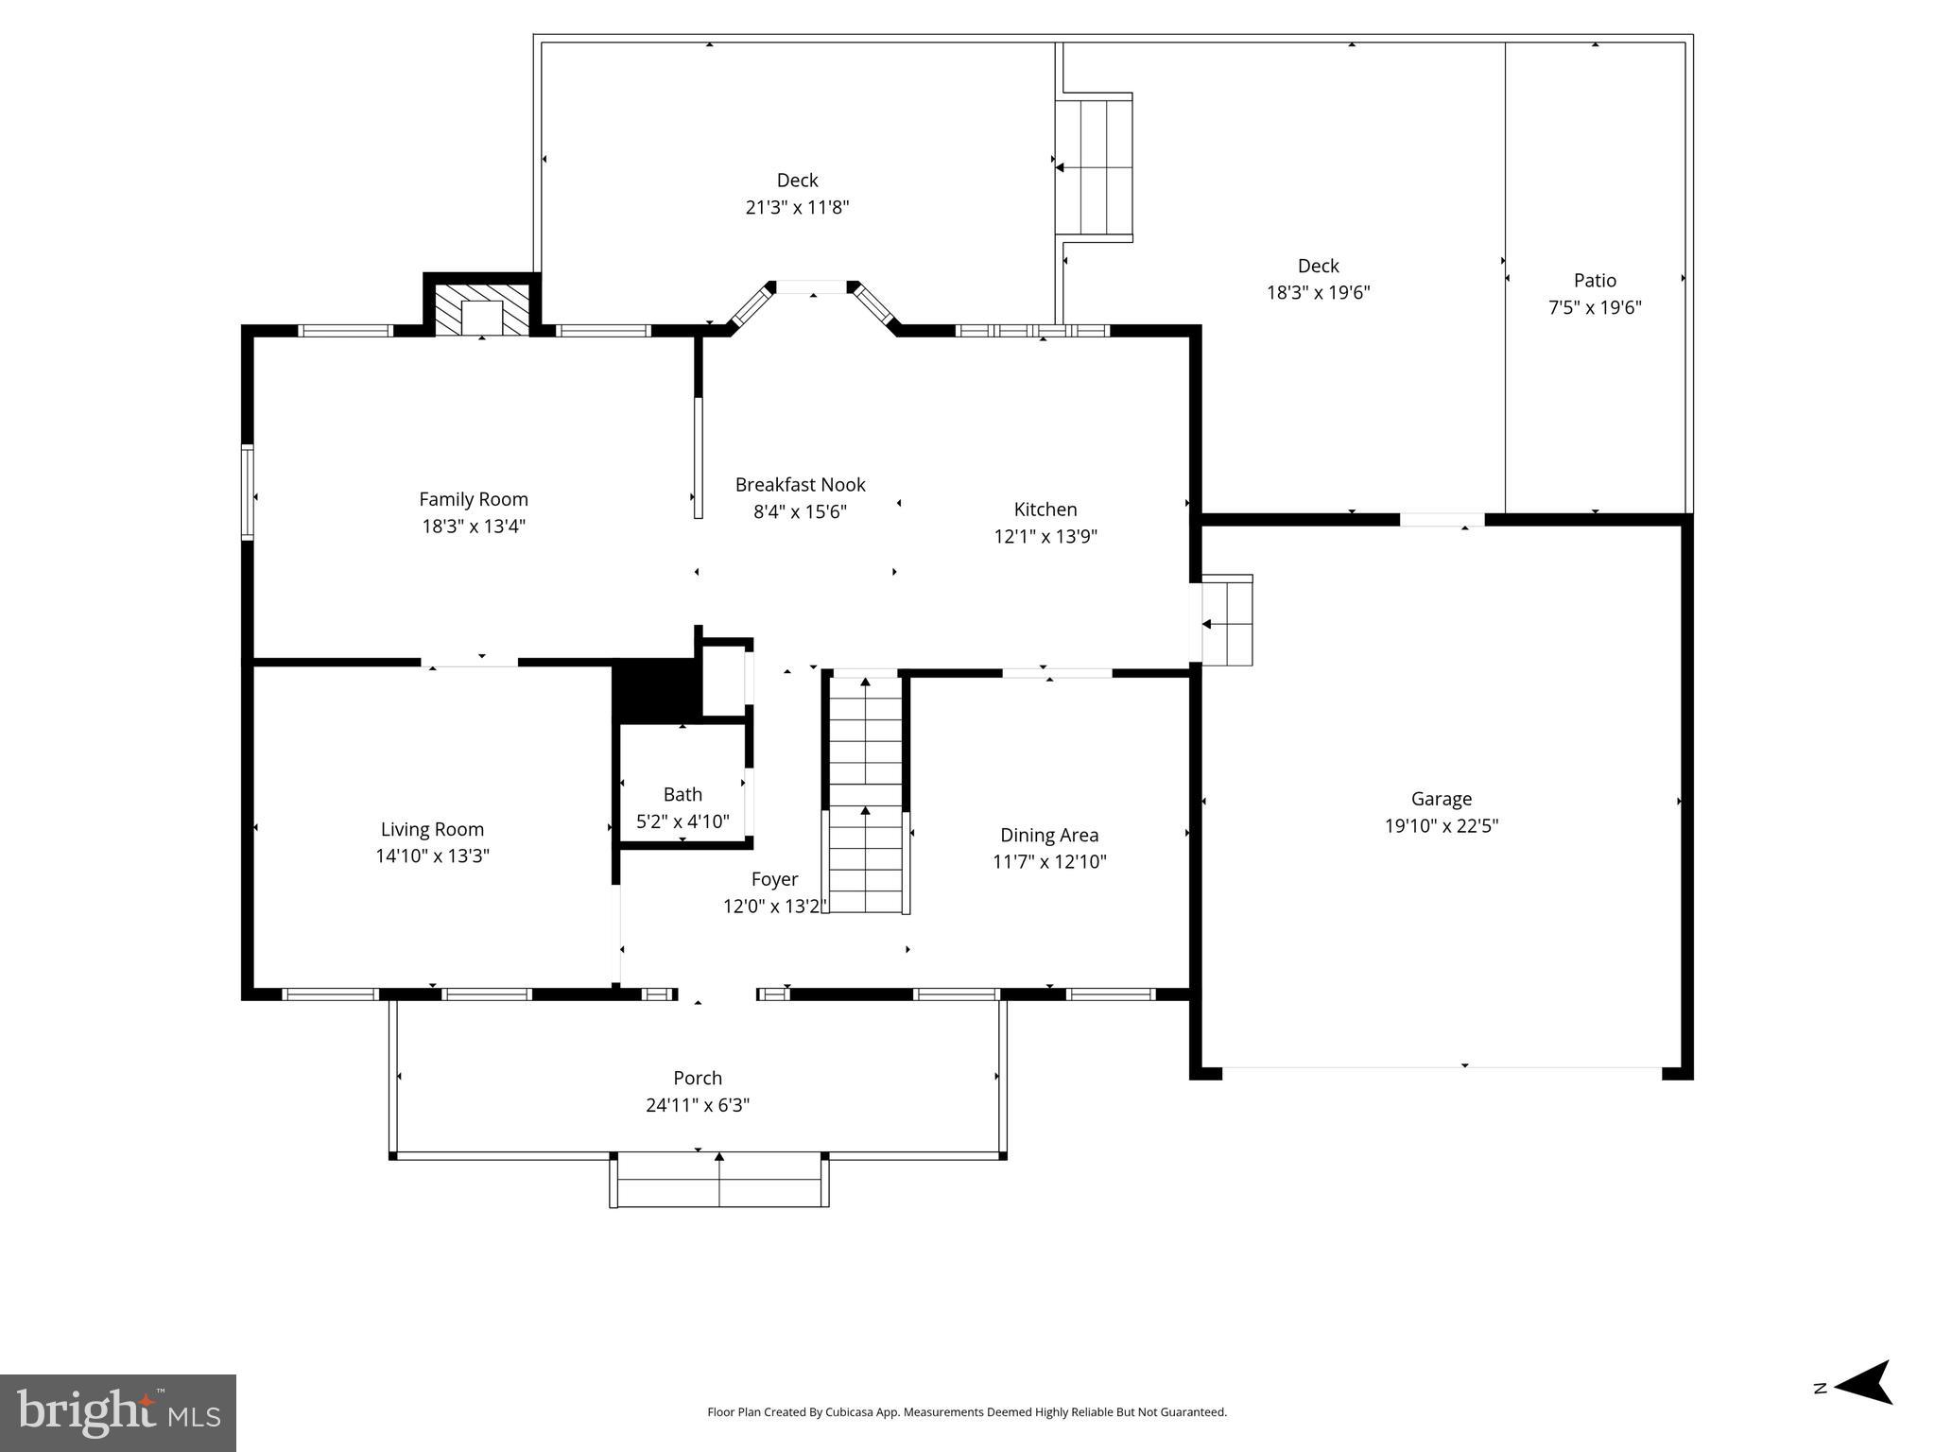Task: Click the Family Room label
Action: tap(473, 499)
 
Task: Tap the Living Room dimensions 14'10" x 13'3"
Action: tap(432, 856)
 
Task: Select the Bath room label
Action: tap(682, 795)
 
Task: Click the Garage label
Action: tap(1441, 799)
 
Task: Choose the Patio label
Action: tap(1595, 281)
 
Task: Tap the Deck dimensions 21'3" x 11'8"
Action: tap(797, 207)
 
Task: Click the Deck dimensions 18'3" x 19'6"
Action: tap(1318, 293)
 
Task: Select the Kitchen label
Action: tap(1045, 510)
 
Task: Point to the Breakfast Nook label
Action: tap(800, 485)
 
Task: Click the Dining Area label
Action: tap(1049, 835)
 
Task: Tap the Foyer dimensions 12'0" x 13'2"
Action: tap(774, 907)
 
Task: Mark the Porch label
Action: tap(698, 1078)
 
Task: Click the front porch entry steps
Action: tap(719, 1181)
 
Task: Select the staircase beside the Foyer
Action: tap(865, 794)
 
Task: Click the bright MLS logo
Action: tap(118, 1412)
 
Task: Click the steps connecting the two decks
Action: tap(1094, 167)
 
